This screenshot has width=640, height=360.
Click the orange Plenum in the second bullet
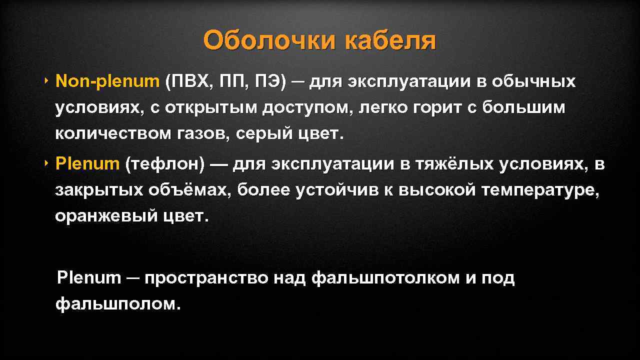point(87,163)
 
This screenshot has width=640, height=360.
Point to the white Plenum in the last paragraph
point(89,277)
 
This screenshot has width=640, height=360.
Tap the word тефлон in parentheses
point(165,163)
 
